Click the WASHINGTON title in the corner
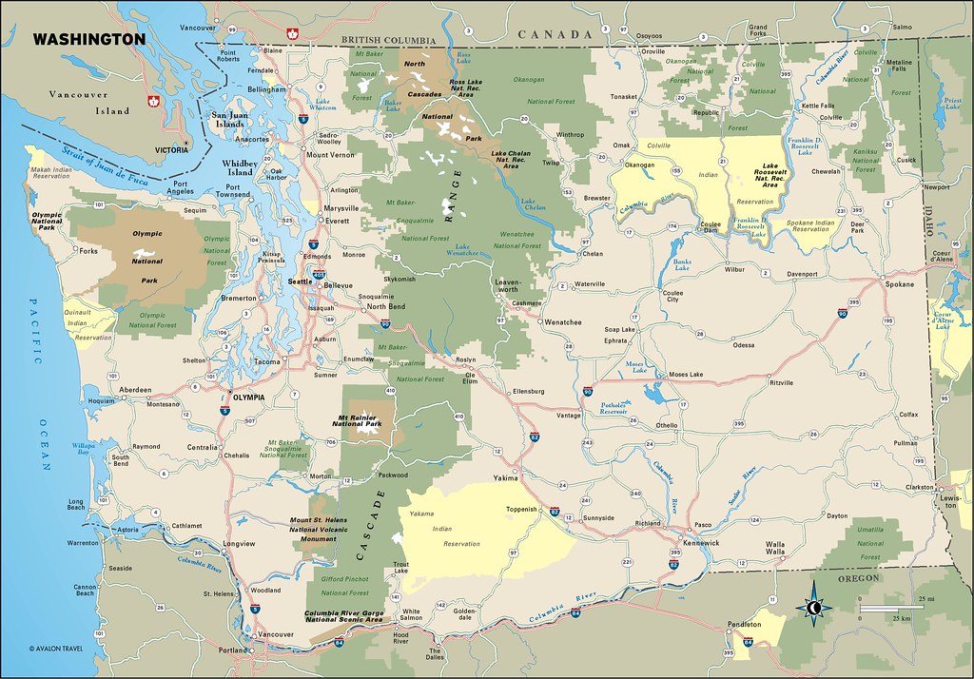pos(89,39)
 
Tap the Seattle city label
pos(301,281)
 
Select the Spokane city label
pos(898,284)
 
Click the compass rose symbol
pos(815,608)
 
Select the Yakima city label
pos(507,480)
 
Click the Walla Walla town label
pos(774,549)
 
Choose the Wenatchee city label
pos(562,322)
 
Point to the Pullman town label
pos(906,443)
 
